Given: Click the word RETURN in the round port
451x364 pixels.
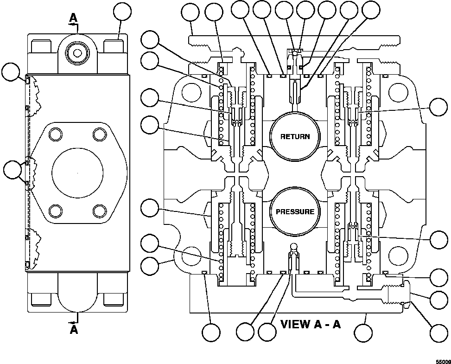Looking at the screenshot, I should (x=294, y=136).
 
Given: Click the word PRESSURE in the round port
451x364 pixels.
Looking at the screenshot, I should (x=294, y=211).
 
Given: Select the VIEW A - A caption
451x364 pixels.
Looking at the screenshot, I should (x=311, y=324).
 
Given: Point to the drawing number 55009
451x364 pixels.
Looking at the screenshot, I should (x=442, y=359).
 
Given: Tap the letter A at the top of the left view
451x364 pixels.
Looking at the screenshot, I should (x=74, y=17).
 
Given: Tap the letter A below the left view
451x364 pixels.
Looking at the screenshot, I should (x=74, y=330).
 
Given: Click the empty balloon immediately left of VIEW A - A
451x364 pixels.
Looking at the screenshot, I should (x=267, y=332).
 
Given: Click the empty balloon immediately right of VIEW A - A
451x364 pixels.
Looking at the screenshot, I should (x=363, y=332).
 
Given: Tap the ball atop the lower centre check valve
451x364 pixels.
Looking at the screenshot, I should (x=294, y=246).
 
